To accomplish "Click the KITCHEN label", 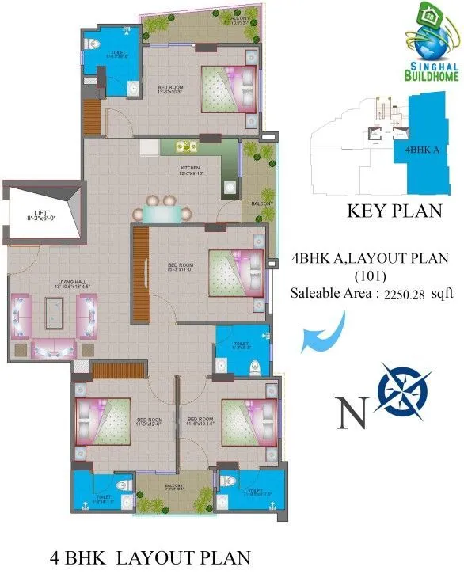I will click(x=192, y=169).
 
